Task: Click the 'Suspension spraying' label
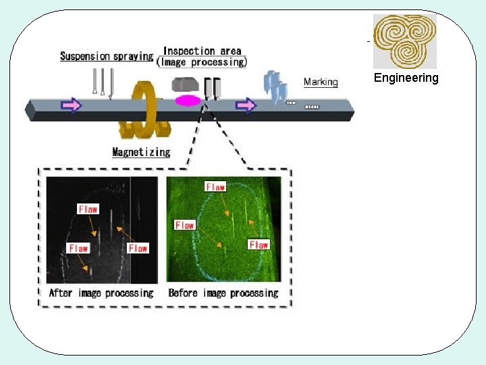(x=107, y=56)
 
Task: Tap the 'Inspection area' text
(x=202, y=51)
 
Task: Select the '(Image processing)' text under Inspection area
(x=202, y=62)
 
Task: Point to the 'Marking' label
(x=321, y=82)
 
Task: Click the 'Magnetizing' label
(x=141, y=152)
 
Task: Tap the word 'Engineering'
(x=406, y=78)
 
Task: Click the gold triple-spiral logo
(x=405, y=41)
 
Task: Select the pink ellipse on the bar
(x=188, y=101)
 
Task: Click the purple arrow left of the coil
(x=71, y=105)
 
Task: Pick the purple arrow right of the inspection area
(x=246, y=105)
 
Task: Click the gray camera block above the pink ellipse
(x=184, y=85)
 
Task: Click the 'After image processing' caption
(x=101, y=293)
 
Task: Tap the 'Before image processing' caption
(x=223, y=293)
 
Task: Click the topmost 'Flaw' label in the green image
(x=215, y=186)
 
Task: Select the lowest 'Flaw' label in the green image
(x=259, y=245)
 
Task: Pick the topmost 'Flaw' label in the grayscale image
(x=88, y=209)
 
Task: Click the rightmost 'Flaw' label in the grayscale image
(x=138, y=248)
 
